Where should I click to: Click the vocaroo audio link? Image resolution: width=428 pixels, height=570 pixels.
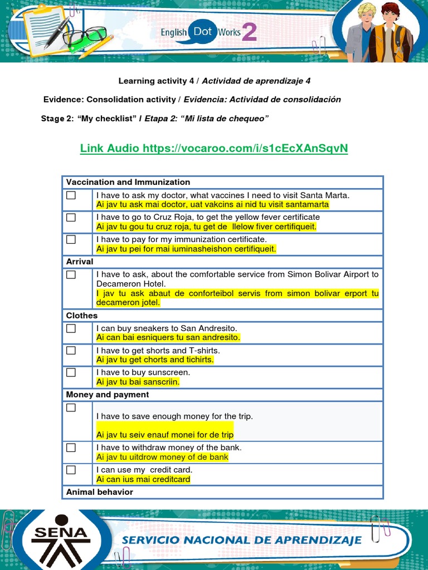[214, 148]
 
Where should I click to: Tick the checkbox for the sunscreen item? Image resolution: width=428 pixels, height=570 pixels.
[71, 372]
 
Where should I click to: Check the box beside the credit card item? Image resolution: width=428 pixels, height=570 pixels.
[71, 470]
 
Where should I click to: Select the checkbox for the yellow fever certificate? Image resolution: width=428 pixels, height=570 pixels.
[71, 217]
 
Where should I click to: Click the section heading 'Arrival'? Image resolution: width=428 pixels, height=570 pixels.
[80, 262]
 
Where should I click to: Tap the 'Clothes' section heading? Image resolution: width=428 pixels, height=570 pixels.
[82, 316]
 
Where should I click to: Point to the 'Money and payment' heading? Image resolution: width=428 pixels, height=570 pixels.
[108, 395]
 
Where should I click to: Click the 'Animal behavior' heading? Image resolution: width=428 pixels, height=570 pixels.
[100, 492]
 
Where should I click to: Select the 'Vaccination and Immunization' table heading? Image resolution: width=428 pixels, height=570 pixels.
[128, 182]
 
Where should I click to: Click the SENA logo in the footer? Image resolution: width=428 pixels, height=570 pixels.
[61, 538]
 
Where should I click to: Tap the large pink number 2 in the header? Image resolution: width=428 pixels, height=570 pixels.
[249, 33]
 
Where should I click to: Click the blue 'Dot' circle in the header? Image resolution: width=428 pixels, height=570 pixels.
[202, 32]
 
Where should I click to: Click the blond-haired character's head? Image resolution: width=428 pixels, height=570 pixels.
[366, 12]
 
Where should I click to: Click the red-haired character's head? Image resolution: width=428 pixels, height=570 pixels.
[390, 12]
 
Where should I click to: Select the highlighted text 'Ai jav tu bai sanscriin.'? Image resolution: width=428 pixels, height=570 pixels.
[138, 382]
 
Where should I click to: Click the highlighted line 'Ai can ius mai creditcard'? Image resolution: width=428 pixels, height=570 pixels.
[143, 479]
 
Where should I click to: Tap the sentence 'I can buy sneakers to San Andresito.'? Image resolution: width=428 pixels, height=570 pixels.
[167, 328]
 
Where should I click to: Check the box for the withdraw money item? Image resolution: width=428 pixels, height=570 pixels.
[71, 448]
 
